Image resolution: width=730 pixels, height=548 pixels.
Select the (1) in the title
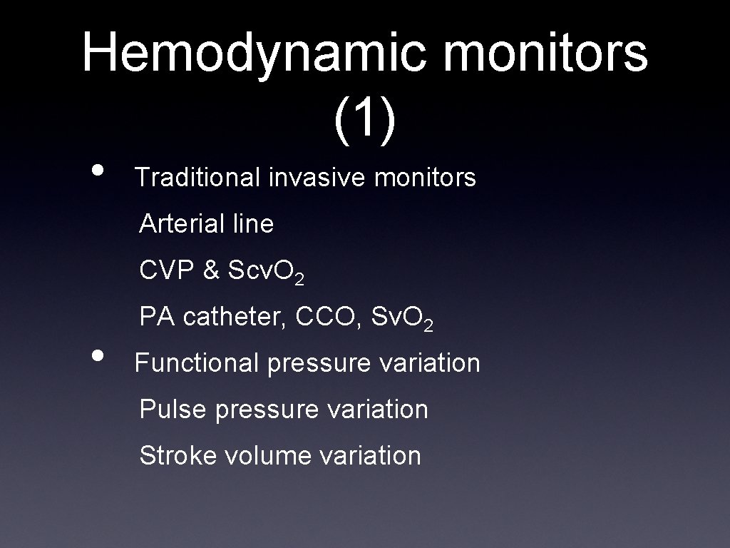tap(364, 116)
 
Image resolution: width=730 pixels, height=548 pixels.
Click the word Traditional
tap(198, 177)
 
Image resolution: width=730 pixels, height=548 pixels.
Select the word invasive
tap(318, 177)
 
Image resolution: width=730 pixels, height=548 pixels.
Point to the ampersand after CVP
tap(212, 270)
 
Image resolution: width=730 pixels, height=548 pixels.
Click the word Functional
tap(197, 363)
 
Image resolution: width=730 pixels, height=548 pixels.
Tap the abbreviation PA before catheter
tap(155, 317)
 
